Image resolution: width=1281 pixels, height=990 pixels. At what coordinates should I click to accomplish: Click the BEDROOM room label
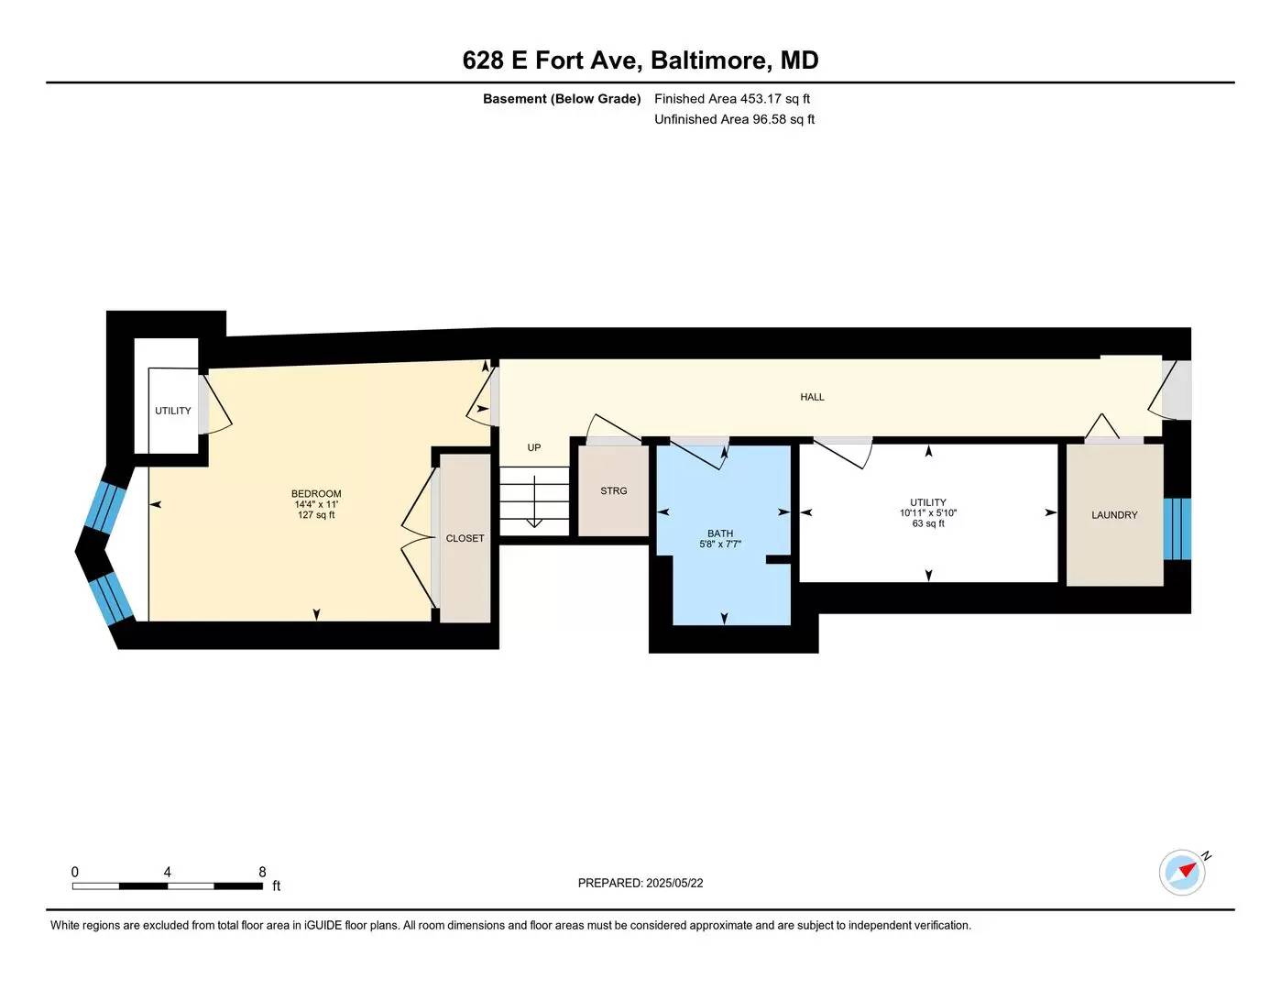pos(316,493)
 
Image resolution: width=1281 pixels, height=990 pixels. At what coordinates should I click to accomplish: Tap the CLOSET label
pos(465,538)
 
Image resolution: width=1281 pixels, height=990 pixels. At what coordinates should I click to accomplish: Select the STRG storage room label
pos(613,490)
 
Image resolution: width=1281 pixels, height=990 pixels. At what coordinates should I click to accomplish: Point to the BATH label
pos(720,533)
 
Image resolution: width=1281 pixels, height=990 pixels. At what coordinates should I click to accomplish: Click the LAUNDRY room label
pos(1114,515)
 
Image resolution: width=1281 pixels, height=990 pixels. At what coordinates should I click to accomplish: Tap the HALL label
pos(812,397)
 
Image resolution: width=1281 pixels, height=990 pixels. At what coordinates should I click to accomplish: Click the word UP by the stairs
pos(533,447)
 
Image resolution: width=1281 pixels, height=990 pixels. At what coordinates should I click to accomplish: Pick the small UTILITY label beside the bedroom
pos(173,411)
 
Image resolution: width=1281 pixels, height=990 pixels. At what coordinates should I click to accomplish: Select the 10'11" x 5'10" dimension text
pos(928,513)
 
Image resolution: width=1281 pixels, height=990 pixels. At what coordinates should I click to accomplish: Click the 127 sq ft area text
pos(316,515)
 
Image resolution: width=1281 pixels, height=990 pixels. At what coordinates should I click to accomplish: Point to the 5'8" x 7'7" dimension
pos(720,544)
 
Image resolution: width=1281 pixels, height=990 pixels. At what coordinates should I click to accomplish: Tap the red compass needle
pos(1188,870)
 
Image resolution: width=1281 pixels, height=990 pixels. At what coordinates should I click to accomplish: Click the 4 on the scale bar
pos(168,872)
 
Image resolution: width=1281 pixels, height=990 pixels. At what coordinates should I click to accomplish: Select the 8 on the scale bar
pos(262,872)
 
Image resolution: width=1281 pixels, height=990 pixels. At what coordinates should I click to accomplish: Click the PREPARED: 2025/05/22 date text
pos(640,883)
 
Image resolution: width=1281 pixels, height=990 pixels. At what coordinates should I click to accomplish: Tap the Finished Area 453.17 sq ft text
pos(732,98)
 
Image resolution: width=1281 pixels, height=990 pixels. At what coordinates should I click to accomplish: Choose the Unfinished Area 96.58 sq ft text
pos(735,119)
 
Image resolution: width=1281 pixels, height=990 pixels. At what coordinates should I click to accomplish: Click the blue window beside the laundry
pos(1177,529)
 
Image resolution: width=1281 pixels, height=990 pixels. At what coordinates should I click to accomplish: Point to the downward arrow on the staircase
pos(534,501)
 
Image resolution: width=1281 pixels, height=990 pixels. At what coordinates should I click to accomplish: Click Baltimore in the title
pos(711,60)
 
